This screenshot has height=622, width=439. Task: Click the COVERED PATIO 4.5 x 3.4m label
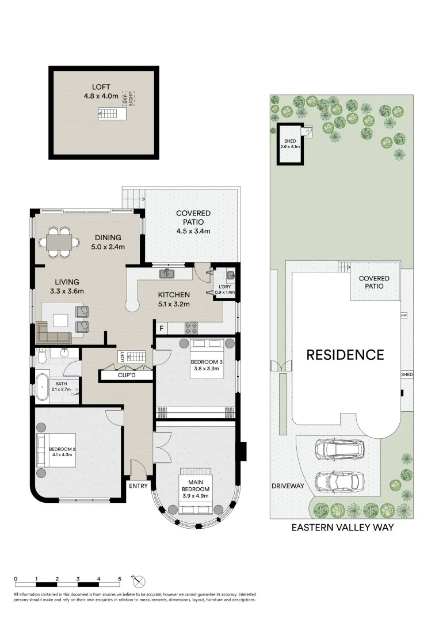click(193, 222)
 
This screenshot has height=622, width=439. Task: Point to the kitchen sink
click(168, 273)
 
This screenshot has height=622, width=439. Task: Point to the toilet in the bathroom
click(41, 358)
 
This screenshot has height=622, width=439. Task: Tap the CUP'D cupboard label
click(126, 376)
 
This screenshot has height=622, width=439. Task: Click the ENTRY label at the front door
click(139, 486)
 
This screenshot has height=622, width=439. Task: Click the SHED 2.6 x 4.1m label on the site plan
click(291, 144)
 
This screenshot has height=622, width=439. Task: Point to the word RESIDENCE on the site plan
click(345, 355)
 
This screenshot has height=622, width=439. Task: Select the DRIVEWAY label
click(288, 486)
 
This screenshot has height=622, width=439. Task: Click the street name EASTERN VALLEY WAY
click(342, 527)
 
